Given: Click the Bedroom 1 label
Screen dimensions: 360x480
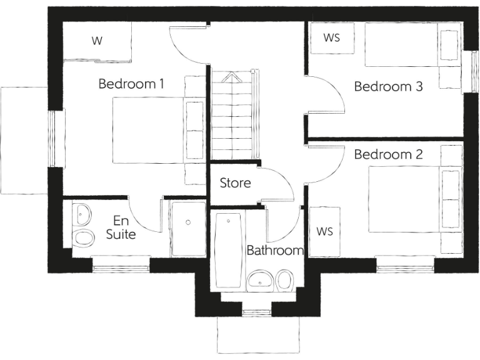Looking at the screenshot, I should point(131,84).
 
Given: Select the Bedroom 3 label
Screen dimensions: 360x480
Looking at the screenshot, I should point(388,86).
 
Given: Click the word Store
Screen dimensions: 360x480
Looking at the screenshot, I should point(235,183).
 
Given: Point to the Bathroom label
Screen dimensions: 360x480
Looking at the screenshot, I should point(275,251).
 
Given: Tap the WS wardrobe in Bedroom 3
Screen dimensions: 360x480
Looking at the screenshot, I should point(332,38).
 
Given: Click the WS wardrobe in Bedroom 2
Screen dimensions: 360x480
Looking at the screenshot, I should point(324,231).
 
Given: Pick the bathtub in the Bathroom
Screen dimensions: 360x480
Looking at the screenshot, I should point(227,248).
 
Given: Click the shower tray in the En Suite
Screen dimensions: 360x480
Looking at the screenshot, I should point(187,228).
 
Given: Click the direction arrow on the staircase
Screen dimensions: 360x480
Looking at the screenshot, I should point(232,78).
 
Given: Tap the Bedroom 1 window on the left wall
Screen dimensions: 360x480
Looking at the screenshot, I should point(57,138).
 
